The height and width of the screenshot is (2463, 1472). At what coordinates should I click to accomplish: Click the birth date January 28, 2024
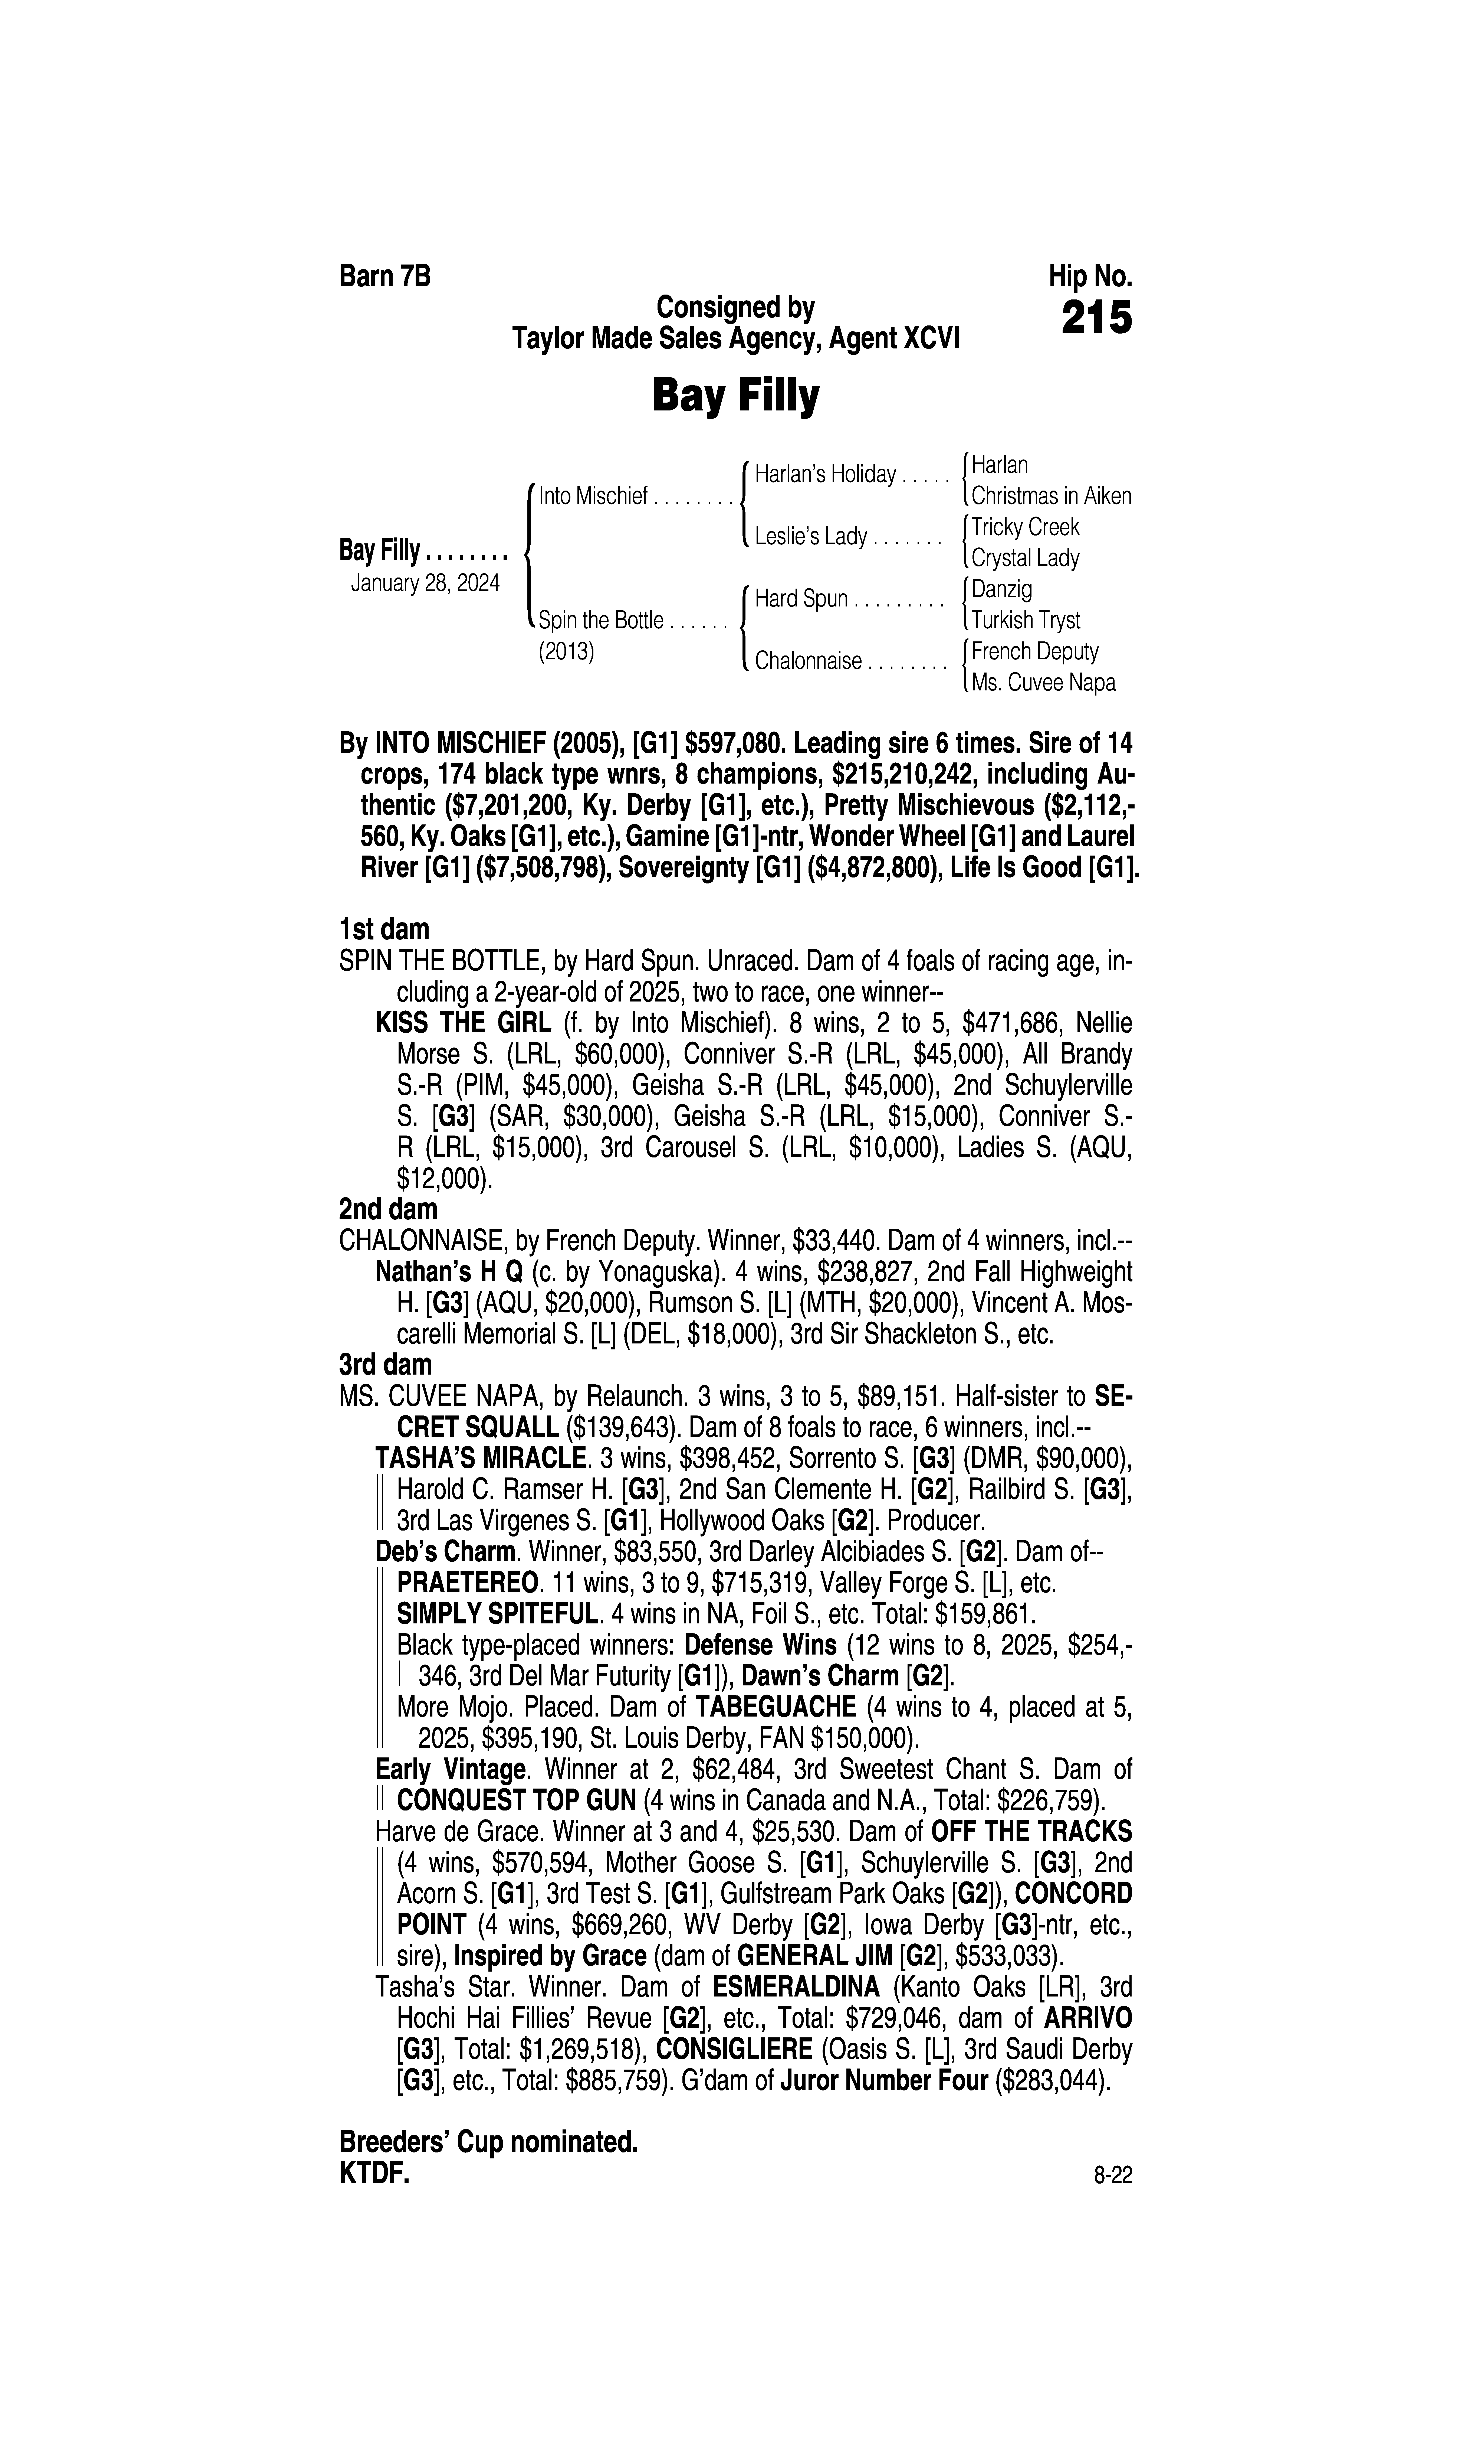(425, 582)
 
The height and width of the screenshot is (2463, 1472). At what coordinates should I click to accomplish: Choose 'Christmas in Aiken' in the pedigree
(1050, 496)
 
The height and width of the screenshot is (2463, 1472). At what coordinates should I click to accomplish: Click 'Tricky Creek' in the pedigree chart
(1025, 527)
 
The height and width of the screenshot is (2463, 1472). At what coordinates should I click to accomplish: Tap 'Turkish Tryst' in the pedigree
(1026, 620)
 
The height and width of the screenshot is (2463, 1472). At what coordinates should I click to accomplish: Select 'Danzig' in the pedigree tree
(1002, 589)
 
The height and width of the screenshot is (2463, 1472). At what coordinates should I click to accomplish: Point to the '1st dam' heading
(384, 930)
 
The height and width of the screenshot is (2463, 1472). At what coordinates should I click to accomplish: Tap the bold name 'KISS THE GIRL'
(463, 1023)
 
